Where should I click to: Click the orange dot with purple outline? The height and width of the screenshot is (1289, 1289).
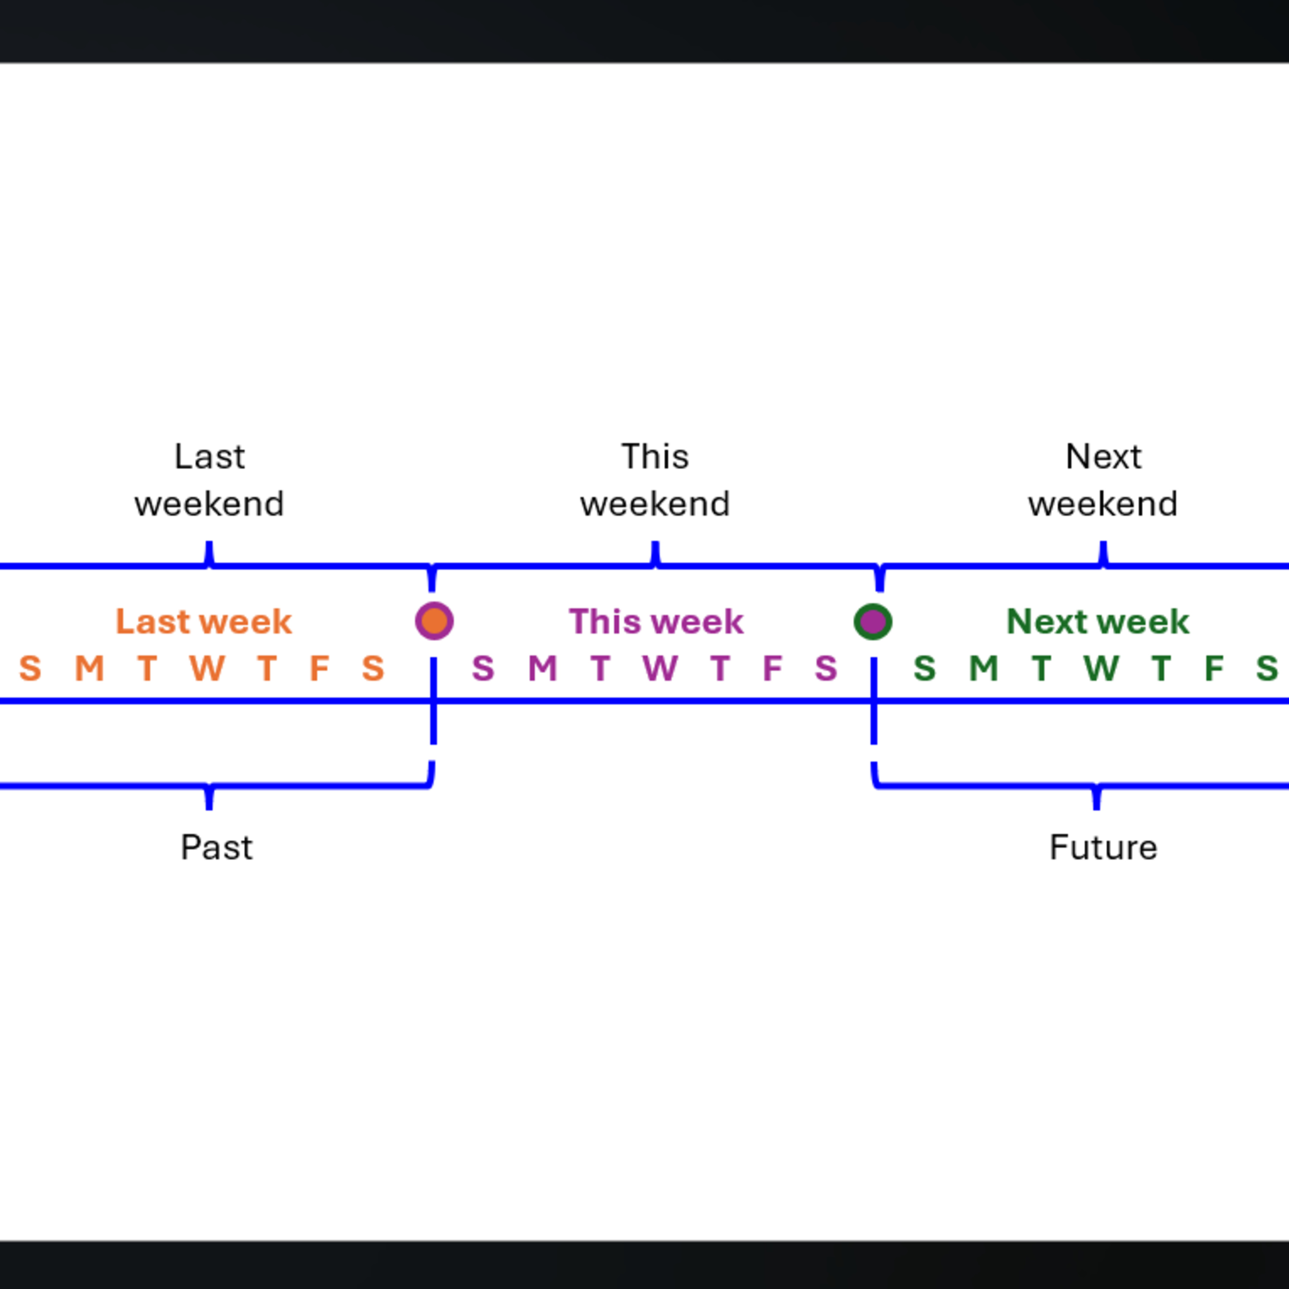[434, 621]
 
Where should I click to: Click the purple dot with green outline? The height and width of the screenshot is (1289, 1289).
[873, 621]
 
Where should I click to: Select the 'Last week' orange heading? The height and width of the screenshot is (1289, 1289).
[204, 621]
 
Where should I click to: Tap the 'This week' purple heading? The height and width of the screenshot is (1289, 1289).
[656, 621]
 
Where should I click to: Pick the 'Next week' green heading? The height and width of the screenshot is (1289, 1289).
[1097, 621]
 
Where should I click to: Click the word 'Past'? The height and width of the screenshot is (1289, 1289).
[217, 847]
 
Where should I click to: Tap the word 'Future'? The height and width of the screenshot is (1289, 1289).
[1103, 847]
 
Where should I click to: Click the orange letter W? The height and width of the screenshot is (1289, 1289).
[207, 668]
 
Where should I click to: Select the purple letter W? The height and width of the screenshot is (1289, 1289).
[660, 668]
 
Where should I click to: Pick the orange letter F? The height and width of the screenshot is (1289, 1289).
[320, 668]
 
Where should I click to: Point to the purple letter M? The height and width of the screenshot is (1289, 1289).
[542, 668]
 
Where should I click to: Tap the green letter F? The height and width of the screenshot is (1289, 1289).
[1214, 668]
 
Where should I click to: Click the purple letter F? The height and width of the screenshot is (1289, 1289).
[773, 668]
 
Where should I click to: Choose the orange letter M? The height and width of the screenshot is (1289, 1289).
[89, 668]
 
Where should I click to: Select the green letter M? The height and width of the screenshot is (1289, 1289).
[984, 668]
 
